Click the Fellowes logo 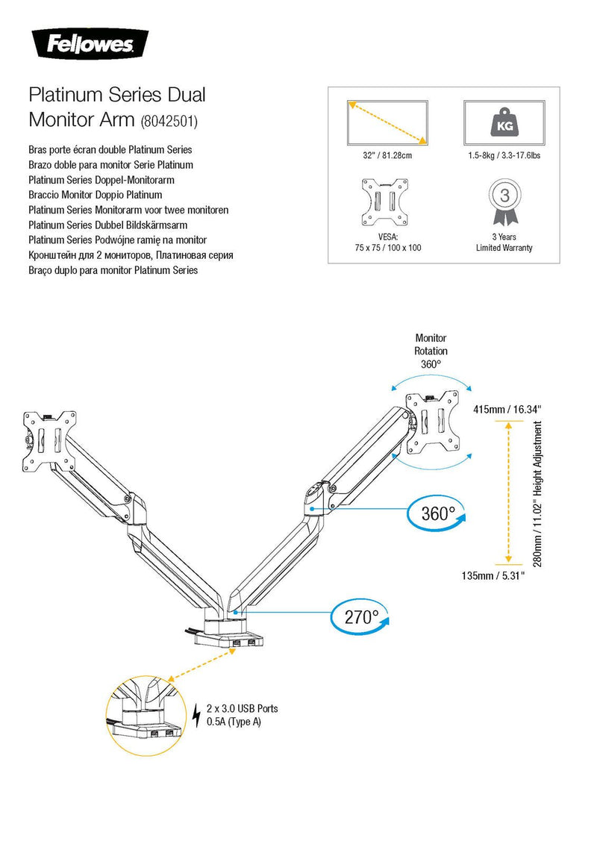point(90,43)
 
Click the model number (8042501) point(169,121)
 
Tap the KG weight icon point(504,122)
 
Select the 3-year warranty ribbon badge point(504,201)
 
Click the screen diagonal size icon point(387,122)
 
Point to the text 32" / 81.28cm point(387,155)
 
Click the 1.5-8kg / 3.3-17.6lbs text point(504,155)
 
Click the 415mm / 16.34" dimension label point(507,410)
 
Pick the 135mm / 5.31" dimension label point(493,575)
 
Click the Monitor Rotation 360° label point(431,351)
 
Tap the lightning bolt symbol point(196,715)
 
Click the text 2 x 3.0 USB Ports point(243,708)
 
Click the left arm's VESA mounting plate point(50,440)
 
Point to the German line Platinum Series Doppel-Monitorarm point(101,180)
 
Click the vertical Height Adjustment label point(537,493)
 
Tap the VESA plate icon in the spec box point(385,201)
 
